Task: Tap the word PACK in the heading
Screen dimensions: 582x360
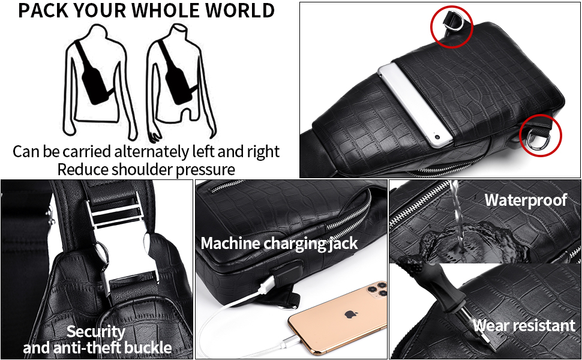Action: [43, 10]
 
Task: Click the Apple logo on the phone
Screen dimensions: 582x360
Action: [349, 314]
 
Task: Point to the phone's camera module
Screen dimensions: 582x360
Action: [377, 289]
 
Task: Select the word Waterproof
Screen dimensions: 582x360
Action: [526, 200]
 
